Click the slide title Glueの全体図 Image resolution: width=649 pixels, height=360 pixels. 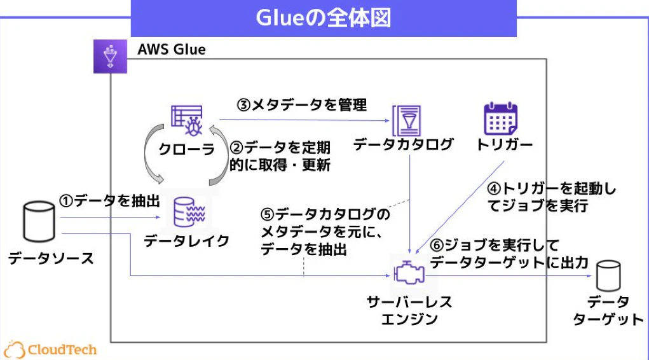click(324, 18)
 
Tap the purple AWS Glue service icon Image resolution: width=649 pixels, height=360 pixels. click(110, 57)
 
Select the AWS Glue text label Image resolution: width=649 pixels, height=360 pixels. click(172, 50)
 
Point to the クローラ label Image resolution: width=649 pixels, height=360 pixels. click(186, 149)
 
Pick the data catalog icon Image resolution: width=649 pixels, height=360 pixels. click(406, 121)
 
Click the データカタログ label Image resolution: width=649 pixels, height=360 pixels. click(403, 144)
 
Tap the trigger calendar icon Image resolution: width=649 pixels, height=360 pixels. click(501, 119)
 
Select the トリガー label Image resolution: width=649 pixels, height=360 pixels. click(504, 144)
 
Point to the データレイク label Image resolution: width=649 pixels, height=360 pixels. click(187, 240)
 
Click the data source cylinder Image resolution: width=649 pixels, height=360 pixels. click(39, 221)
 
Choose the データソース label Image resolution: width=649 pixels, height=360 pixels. click(51, 258)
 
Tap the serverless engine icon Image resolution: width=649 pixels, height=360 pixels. click(409, 273)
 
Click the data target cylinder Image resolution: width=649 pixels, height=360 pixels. click(608, 275)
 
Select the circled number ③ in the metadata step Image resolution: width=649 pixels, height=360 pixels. click(244, 105)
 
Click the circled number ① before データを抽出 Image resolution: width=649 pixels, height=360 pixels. click(66, 202)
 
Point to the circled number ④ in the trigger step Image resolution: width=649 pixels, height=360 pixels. click(494, 189)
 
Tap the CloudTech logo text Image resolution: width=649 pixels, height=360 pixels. click(62, 350)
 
